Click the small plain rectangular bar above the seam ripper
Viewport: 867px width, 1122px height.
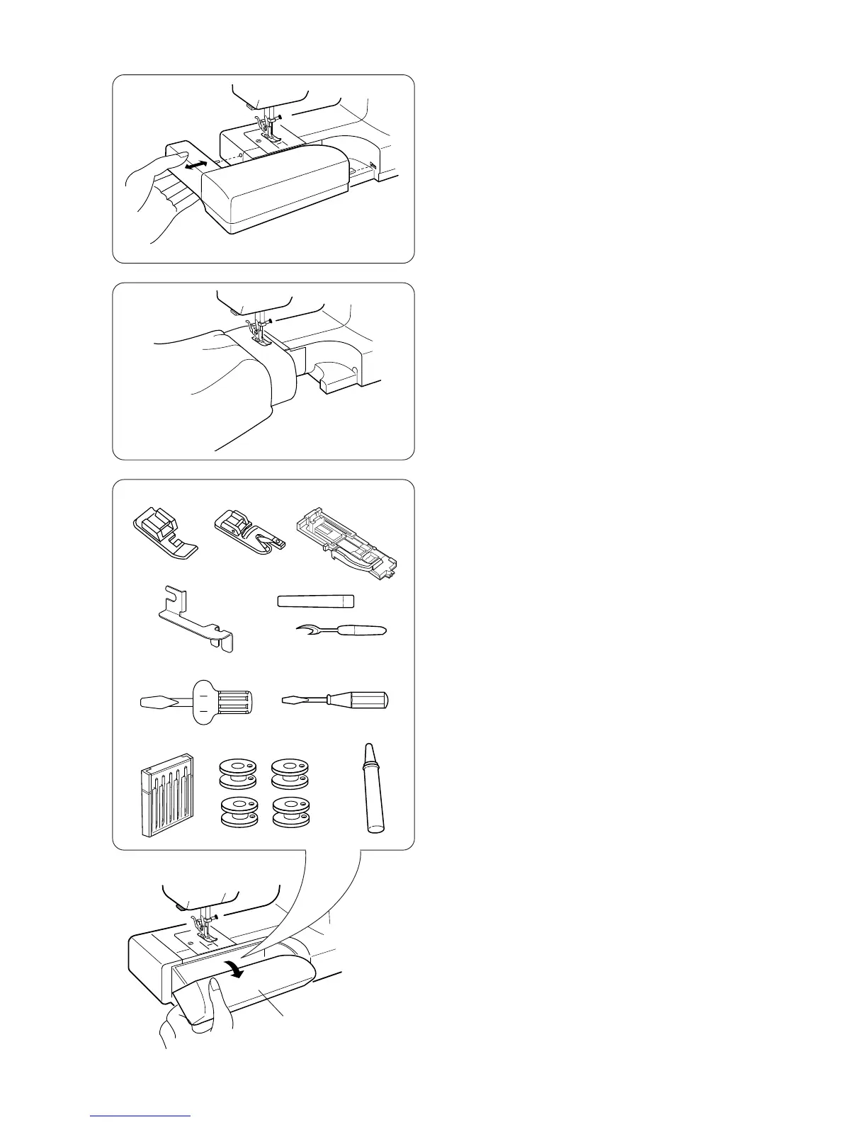click(x=314, y=601)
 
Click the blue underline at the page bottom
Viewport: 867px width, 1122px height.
click(x=140, y=1116)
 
